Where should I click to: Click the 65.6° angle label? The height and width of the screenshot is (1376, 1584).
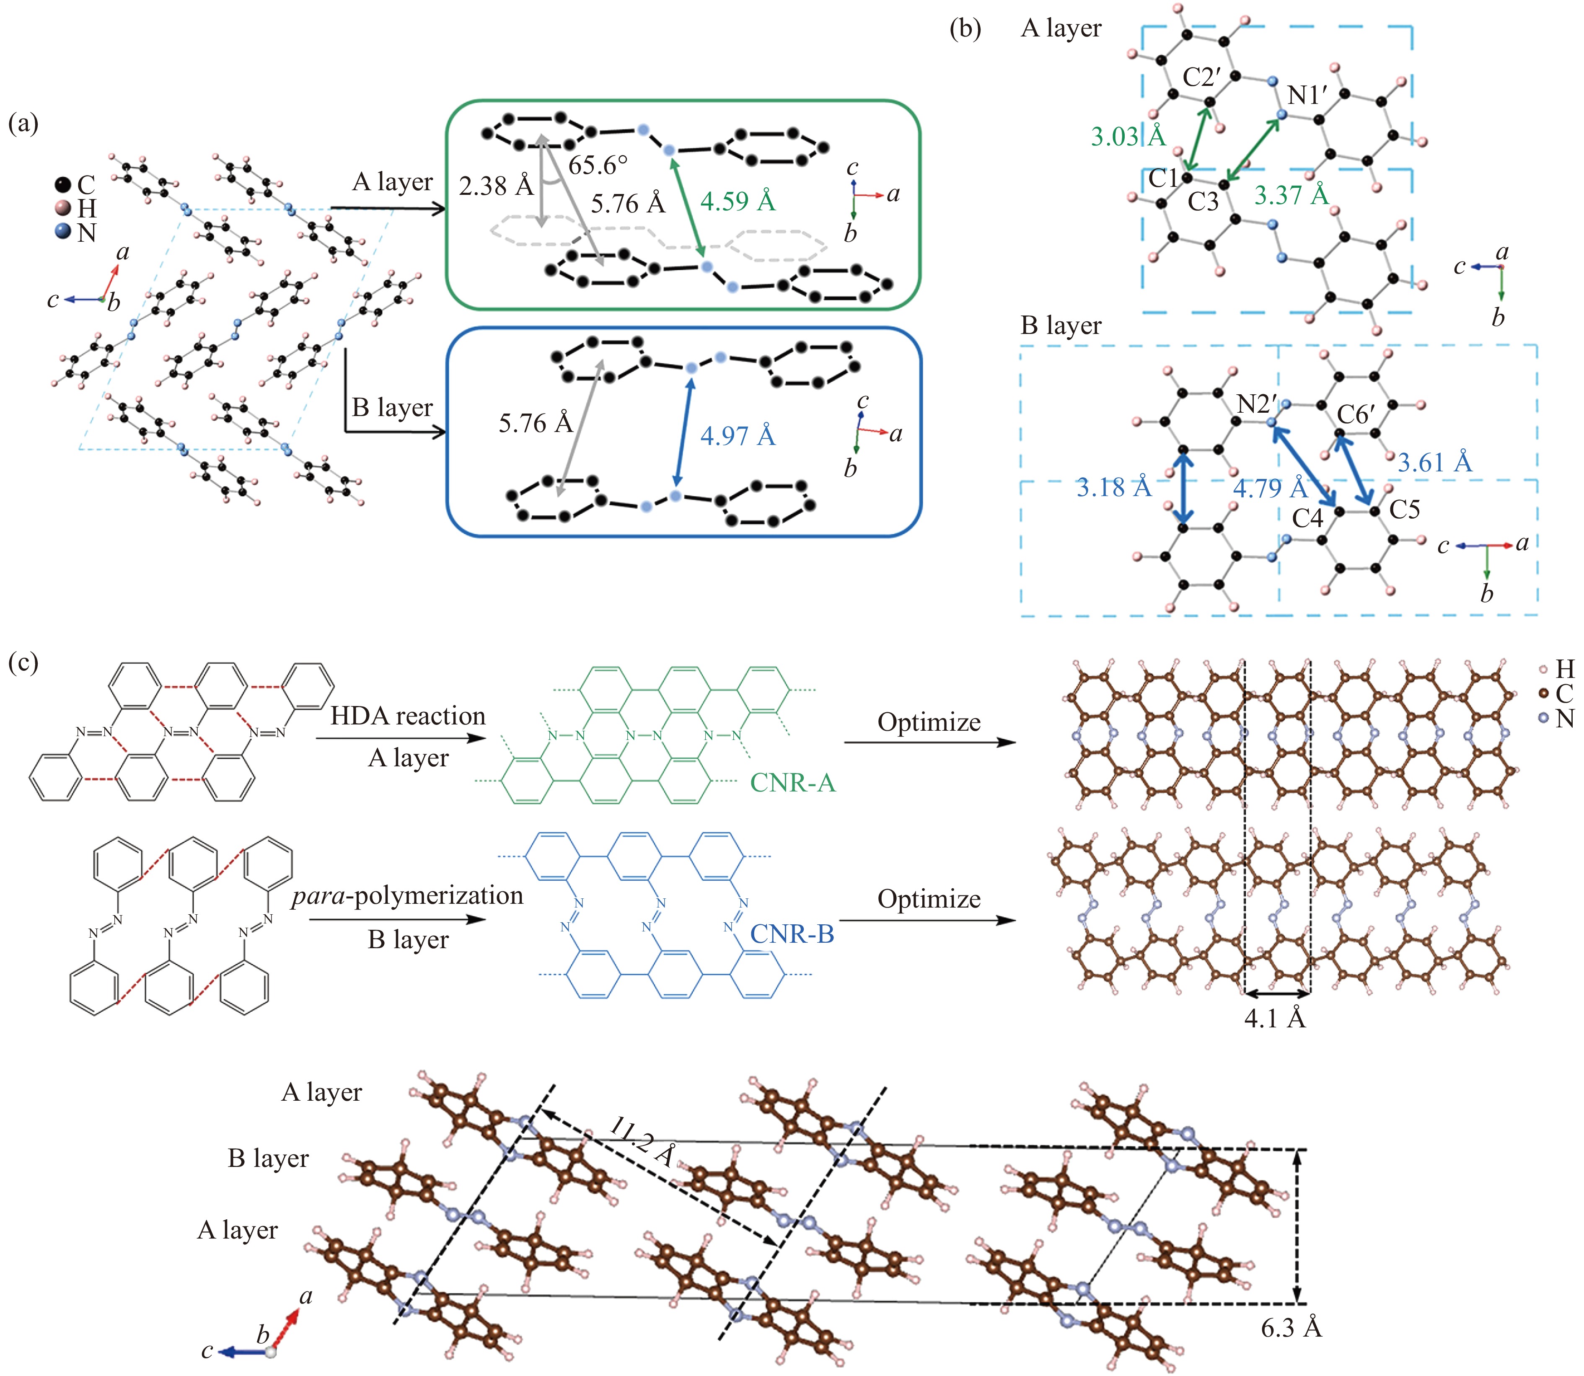pyautogui.click(x=598, y=165)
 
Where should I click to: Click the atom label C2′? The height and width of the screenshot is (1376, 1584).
pyautogui.click(x=1202, y=77)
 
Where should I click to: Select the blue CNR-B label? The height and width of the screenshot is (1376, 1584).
pyautogui.click(x=792, y=934)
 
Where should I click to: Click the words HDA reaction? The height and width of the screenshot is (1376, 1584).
pyautogui.click(x=408, y=716)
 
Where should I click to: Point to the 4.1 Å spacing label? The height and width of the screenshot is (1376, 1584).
pyautogui.click(x=1275, y=1019)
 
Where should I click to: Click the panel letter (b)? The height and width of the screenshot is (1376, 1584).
pyautogui.click(x=965, y=28)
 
